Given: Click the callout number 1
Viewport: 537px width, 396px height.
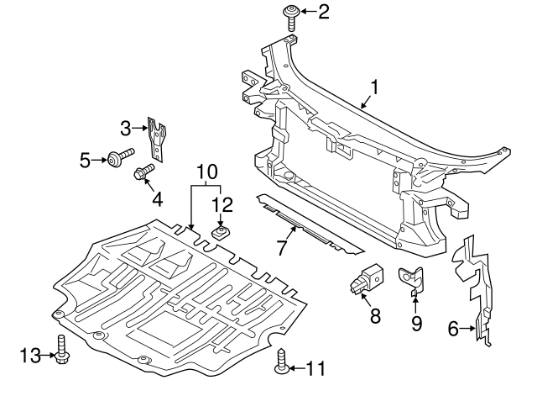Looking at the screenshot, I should (374, 87).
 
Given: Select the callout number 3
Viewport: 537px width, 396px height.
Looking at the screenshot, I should (126, 129).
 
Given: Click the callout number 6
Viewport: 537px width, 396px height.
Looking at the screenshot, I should (454, 329).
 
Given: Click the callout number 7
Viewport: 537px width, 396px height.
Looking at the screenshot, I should (283, 247).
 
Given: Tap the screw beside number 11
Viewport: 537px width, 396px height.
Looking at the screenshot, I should (281, 365).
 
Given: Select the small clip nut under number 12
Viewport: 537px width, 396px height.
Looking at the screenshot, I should (222, 233).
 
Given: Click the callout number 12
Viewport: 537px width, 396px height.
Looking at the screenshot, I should (222, 204).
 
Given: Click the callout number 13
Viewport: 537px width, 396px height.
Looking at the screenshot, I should (28, 356).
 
